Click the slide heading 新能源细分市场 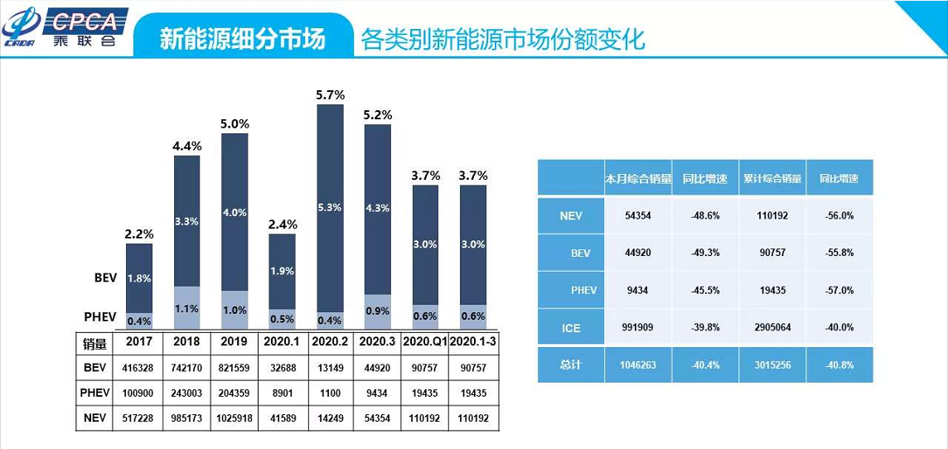(242, 39)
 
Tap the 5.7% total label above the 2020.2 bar (330, 95)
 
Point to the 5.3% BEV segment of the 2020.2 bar (330, 207)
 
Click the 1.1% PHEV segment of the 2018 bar (186, 308)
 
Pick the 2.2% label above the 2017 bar (138, 234)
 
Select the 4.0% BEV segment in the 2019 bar (235, 212)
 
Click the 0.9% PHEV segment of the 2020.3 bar (377, 311)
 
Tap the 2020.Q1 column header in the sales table (424, 341)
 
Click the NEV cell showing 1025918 (235, 418)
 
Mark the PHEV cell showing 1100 (330, 392)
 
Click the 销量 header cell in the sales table (95, 341)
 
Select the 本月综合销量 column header (637, 179)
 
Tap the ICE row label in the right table (571, 327)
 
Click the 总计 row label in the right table (571, 364)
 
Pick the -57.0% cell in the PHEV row (839, 290)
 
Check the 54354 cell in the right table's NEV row (637, 215)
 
